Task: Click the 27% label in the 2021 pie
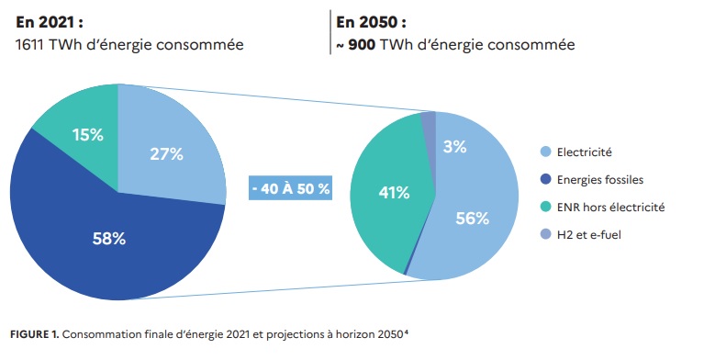coord(166,154)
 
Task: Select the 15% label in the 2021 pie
coord(88,134)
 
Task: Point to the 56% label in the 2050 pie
coord(472,218)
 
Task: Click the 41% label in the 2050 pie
coord(394,192)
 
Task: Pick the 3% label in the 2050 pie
coord(454,146)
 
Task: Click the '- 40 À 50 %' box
coord(290,189)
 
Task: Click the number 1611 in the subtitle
coord(34,44)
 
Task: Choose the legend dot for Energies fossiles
coord(547,180)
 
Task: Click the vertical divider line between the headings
coord(330,32)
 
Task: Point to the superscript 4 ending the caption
coord(406,330)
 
